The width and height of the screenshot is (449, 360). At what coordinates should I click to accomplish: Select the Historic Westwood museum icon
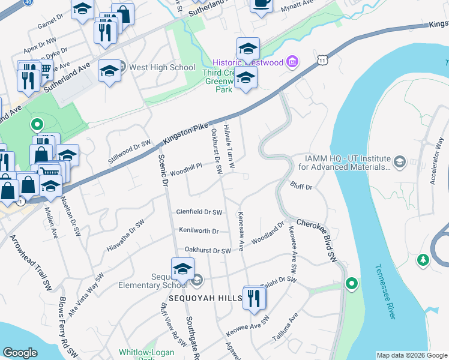click(x=293, y=61)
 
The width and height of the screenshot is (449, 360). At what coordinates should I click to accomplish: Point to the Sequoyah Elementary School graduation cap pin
click(x=182, y=270)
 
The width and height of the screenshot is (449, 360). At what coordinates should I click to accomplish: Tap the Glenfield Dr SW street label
click(x=199, y=212)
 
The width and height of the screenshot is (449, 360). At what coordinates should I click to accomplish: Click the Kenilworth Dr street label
click(x=199, y=230)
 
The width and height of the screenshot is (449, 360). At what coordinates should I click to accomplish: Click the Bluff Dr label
click(x=301, y=187)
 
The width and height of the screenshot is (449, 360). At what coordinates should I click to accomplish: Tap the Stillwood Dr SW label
click(x=128, y=151)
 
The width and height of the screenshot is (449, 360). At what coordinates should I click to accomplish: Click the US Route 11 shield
click(x=323, y=61)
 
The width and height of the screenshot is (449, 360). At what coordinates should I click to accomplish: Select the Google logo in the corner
click(x=20, y=353)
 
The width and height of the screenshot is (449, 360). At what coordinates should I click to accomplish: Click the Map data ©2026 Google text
click(x=411, y=355)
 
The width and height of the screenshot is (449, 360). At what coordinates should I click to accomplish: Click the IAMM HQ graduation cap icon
click(x=399, y=162)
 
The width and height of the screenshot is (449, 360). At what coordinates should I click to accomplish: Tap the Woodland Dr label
click(x=267, y=234)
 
